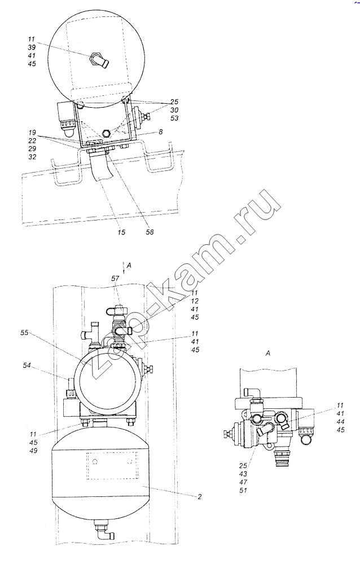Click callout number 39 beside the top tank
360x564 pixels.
pyautogui.click(x=32, y=47)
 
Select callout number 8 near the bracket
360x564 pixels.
pyautogui.click(x=161, y=132)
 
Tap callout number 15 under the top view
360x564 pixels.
pyautogui.click(x=121, y=232)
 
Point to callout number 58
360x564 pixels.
pyautogui.click(x=150, y=232)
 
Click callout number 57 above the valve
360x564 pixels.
pyautogui.click(x=115, y=279)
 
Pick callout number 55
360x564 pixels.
pyautogui.click(x=24, y=333)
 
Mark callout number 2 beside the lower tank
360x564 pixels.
pyautogui.click(x=199, y=497)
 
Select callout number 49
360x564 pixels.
pyautogui.click(x=33, y=451)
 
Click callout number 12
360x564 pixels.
pyautogui.click(x=195, y=301)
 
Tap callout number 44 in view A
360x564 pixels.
pyautogui.click(x=340, y=421)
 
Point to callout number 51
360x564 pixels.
pyautogui.click(x=243, y=490)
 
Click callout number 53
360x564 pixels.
pyautogui.click(x=174, y=118)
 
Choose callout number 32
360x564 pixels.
pyautogui.click(x=32, y=157)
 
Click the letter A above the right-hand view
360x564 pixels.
pyautogui.click(x=268, y=354)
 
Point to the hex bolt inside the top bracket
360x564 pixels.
pyautogui.click(x=107, y=133)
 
